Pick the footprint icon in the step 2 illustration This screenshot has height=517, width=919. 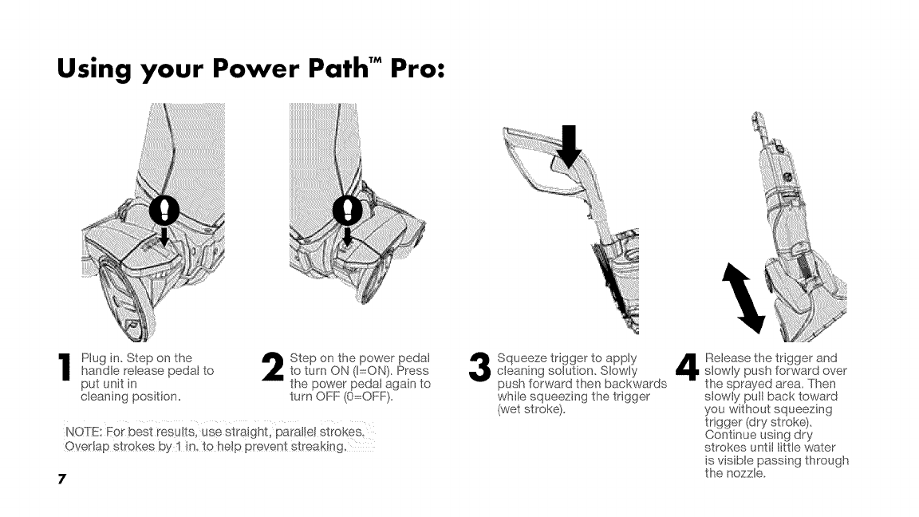(349, 209)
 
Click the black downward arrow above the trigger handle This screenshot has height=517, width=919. (572, 147)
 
